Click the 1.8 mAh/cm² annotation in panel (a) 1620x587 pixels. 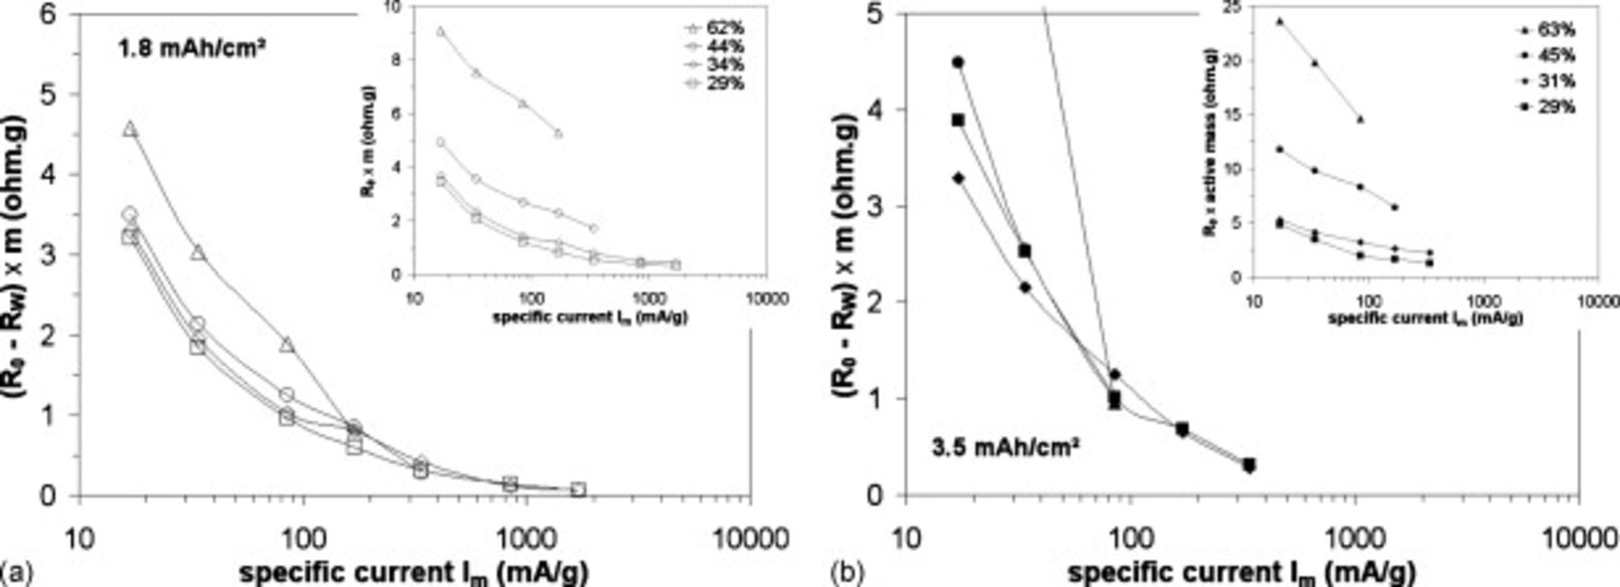click(190, 50)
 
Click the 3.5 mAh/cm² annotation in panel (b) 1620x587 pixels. click(1005, 446)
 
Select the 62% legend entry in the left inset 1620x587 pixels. click(725, 28)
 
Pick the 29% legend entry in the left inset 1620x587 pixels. click(725, 85)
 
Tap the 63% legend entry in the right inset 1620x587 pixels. click(1556, 31)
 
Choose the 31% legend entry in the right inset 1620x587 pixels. click(1556, 82)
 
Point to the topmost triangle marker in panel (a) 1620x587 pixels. click(130, 130)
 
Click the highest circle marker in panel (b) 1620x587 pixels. click(958, 62)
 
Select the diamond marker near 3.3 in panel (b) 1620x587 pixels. click(958, 178)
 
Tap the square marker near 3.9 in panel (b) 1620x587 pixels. click(958, 120)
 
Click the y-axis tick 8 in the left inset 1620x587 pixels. click(394, 59)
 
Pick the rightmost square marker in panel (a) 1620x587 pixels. click(578, 490)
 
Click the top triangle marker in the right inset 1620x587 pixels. click(1279, 21)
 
